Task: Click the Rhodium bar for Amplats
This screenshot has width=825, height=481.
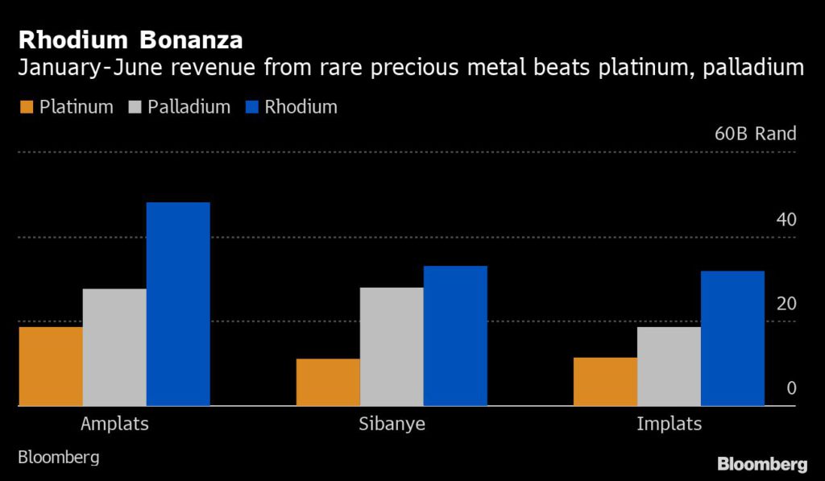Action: tap(178, 304)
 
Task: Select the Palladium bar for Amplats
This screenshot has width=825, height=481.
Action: tap(114, 347)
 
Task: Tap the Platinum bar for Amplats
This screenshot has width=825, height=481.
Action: tap(50, 366)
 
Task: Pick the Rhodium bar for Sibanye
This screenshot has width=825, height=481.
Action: tap(455, 336)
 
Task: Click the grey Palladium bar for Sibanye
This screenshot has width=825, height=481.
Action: tap(392, 346)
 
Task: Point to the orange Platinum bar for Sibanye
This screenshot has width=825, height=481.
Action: tap(328, 382)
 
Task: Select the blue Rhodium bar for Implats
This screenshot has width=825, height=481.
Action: tap(732, 338)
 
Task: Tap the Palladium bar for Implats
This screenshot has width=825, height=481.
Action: tap(669, 366)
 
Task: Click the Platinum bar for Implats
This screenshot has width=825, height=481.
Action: tap(605, 381)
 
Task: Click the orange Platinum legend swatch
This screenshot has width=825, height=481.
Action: tap(26, 107)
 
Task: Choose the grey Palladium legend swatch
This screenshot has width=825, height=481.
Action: tap(135, 107)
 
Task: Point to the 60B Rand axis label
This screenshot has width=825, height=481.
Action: tap(755, 134)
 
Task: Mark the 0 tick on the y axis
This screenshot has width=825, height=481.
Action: tap(791, 388)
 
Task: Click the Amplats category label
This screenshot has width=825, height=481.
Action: tap(114, 424)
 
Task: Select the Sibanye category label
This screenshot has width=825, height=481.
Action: tap(392, 424)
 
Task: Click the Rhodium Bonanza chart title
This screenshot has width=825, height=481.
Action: tap(131, 39)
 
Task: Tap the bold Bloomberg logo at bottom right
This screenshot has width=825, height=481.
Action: tap(761, 464)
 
